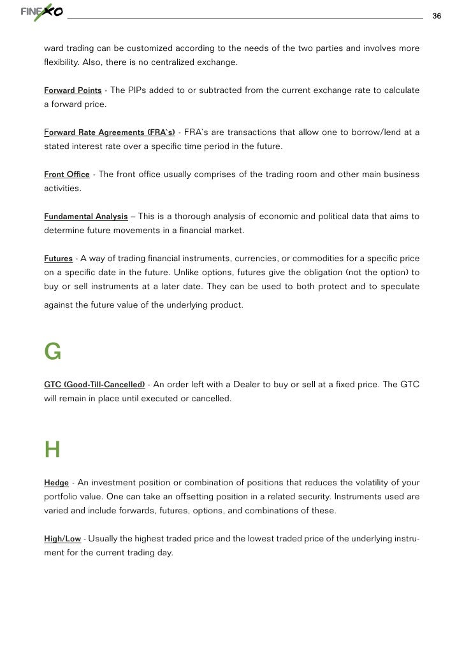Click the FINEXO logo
[42, 13]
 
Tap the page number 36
[437, 15]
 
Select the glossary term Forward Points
[73, 90]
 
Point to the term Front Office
[67, 175]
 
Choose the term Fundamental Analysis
[86, 217]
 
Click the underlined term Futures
[58, 259]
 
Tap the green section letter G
[52, 351]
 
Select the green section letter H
[52, 450]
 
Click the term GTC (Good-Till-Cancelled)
[94, 385]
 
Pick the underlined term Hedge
[56, 483]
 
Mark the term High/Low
[62, 539]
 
